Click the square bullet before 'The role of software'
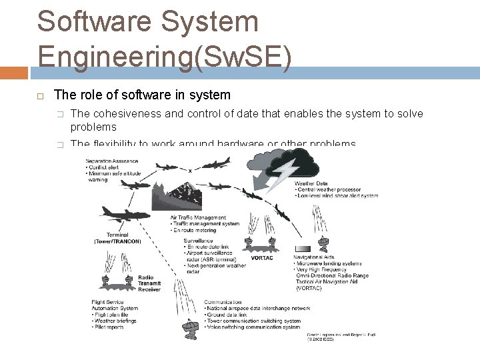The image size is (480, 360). pyautogui.click(x=39, y=96)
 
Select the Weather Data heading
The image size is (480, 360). pyautogui.click(x=311, y=183)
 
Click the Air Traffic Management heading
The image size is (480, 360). pyautogui.click(x=198, y=217)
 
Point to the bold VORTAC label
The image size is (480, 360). pyautogui.click(x=263, y=258)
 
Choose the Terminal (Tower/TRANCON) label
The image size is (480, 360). pyautogui.click(x=117, y=238)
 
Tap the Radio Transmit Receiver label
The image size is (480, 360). pyautogui.click(x=149, y=283)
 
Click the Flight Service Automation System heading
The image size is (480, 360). pyautogui.click(x=114, y=305)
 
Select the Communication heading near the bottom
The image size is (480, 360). pyautogui.click(x=223, y=303)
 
